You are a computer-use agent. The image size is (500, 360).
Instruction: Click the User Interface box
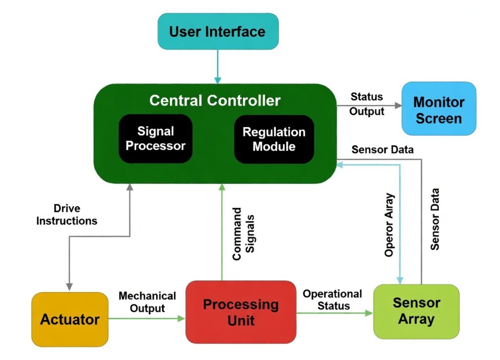pyautogui.click(x=218, y=32)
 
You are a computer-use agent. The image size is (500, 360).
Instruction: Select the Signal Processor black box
pyautogui.click(x=155, y=139)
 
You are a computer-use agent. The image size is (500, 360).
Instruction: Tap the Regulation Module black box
pyautogui.click(x=274, y=139)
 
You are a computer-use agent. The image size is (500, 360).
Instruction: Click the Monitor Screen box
pyautogui.click(x=438, y=110)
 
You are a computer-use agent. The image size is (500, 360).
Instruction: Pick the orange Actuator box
pyautogui.click(x=70, y=319)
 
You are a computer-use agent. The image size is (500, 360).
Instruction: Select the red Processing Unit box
pyautogui.click(x=241, y=312)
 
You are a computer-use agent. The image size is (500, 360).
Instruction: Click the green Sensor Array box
pyautogui.click(x=417, y=311)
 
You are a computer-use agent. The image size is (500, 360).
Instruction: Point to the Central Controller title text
pyautogui.click(x=215, y=101)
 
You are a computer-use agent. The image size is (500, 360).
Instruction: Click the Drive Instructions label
pyautogui.click(x=67, y=215)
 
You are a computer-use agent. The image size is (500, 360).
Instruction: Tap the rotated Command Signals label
pyautogui.click(x=243, y=234)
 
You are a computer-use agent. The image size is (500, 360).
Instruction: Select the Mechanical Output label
pyautogui.click(x=147, y=302)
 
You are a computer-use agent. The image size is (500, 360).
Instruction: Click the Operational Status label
pyautogui.click(x=333, y=300)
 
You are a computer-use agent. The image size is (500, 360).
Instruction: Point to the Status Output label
pyautogui.click(x=367, y=104)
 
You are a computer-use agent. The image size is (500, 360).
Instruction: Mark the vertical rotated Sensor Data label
pyautogui.click(x=435, y=219)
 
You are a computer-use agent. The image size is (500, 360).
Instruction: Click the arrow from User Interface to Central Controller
pyautogui.click(x=218, y=66)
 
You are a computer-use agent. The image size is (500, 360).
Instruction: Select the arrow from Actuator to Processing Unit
pyautogui.click(x=146, y=318)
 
